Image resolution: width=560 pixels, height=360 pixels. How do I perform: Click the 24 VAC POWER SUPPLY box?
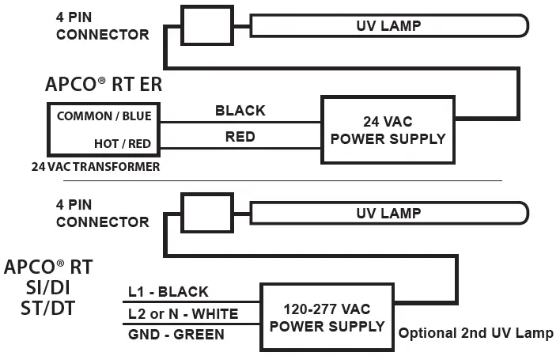388,129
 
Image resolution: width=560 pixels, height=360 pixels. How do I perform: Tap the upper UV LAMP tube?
388,25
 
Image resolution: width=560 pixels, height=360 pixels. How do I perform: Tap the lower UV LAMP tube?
388,213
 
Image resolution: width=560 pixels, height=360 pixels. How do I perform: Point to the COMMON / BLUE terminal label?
104,116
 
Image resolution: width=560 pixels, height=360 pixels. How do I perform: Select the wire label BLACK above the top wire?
240,111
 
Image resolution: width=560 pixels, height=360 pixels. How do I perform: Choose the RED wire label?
240,137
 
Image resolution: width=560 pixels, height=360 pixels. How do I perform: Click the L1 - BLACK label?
168,292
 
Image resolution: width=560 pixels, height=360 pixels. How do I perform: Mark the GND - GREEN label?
176,335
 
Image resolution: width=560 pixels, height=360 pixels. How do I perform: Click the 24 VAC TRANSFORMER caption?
96,167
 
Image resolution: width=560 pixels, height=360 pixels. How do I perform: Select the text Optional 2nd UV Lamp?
475,333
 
